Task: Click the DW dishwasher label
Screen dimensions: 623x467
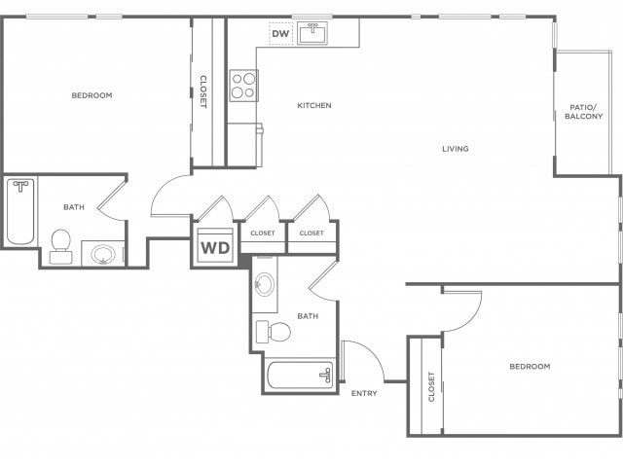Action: [x=280, y=34]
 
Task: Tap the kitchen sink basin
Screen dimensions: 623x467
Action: [x=312, y=33]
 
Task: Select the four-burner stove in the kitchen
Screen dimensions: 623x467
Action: [x=243, y=86]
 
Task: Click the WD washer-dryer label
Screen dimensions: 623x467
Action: [x=215, y=248]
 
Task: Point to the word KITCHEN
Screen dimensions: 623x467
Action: [x=314, y=105]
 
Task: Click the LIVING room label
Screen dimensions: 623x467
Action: [x=456, y=149]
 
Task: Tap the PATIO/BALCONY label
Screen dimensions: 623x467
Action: [x=584, y=112]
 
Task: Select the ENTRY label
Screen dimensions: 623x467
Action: [x=364, y=393]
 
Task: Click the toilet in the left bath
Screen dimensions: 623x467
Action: [x=61, y=246]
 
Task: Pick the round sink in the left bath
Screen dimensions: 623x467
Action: [x=103, y=255]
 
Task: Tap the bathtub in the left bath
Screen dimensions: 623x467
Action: [x=20, y=211]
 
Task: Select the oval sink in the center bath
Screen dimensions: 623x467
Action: [x=264, y=284]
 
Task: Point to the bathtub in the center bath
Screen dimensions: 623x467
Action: [x=300, y=375]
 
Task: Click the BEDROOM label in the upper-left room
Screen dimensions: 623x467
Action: [x=92, y=95]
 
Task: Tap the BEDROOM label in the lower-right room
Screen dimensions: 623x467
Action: [x=530, y=366]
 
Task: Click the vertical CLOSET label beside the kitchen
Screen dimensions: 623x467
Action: [x=203, y=91]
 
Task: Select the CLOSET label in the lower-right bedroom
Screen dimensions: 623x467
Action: [x=431, y=387]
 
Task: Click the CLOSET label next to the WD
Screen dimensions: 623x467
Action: [x=263, y=233]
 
